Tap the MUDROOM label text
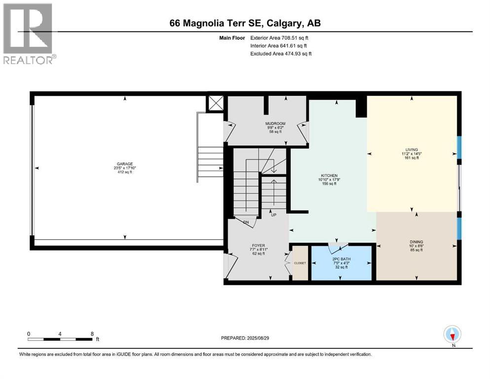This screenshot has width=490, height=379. (x=275, y=123)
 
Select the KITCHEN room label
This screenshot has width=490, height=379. (x=329, y=176)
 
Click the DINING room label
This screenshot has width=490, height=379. (x=416, y=242)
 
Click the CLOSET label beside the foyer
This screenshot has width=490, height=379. (x=300, y=263)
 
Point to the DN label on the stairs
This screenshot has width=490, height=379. (x=246, y=223)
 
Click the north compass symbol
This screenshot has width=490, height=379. (x=452, y=335)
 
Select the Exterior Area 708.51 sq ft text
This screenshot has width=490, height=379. (x=280, y=38)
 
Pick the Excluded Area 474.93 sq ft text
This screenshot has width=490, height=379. (x=281, y=54)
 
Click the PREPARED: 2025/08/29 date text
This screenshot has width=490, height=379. (x=245, y=338)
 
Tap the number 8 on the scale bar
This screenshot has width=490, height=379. (x=92, y=334)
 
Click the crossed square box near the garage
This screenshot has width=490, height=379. (x=216, y=104)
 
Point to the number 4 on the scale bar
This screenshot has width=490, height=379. (x=60, y=334)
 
